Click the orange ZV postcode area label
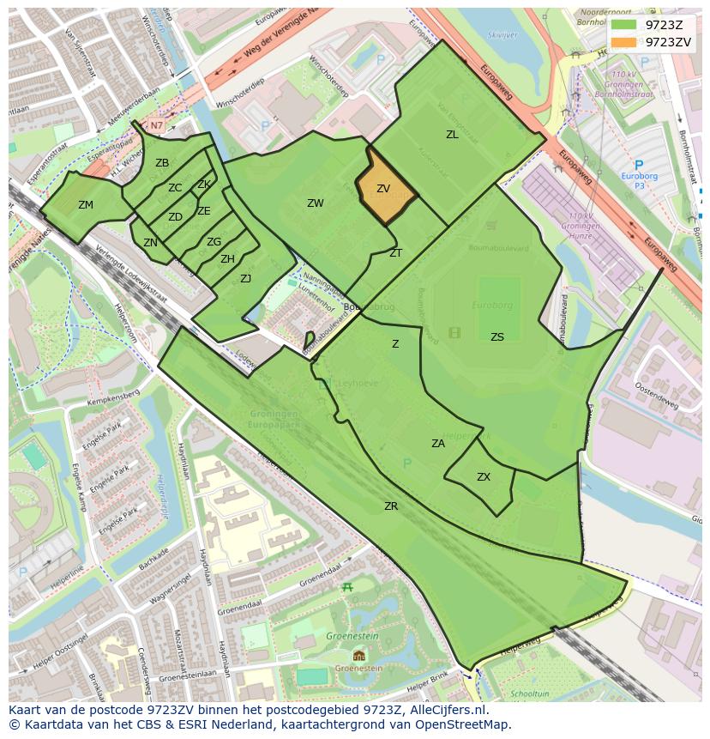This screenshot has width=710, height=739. point(383,189)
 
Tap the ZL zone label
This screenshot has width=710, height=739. point(452,135)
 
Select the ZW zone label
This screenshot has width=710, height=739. point(316,203)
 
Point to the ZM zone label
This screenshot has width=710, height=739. point(86,205)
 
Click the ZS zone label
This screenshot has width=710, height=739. point(497,337)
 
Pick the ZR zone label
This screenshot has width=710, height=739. point(391,506)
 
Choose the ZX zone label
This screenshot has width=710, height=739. point(484,477)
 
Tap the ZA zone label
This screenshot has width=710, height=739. point(438,444)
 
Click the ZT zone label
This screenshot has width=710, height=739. point(395,253)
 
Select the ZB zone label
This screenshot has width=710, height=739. point(162,163)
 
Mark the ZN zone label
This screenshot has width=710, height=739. point(150,243)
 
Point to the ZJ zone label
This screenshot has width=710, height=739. point(245,278)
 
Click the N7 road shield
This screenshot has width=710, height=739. point(156,125)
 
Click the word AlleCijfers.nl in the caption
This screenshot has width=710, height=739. point(446,710)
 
